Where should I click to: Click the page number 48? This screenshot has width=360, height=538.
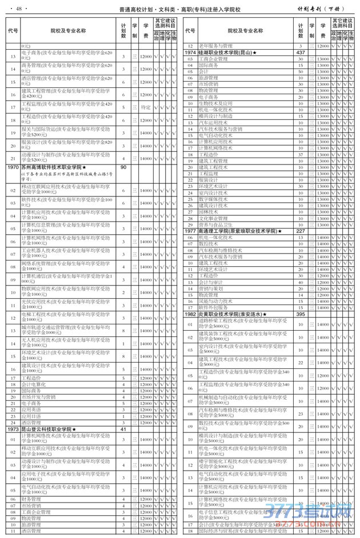[19, 8]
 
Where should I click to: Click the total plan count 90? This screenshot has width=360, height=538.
[123, 167]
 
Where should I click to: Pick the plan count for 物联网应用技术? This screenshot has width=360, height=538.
[124, 290]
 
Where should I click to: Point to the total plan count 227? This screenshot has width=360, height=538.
[301, 231]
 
